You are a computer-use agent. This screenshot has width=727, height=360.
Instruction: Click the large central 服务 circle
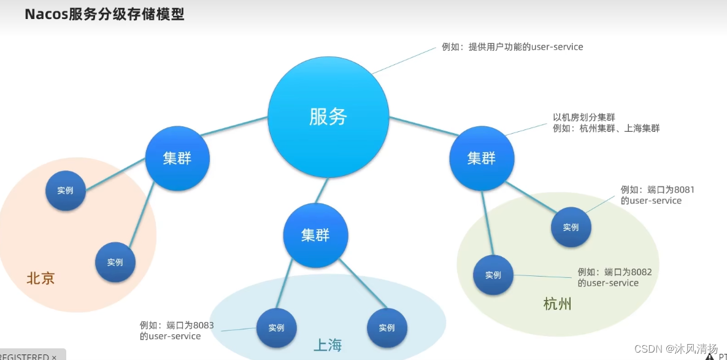pyautogui.click(x=328, y=117)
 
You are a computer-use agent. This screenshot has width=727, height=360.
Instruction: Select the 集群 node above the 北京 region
pyautogui.click(x=177, y=158)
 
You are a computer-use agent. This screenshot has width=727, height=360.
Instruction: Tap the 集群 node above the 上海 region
pyautogui.click(x=315, y=235)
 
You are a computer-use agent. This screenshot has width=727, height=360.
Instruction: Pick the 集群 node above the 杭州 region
pyautogui.click(x=481, y=158)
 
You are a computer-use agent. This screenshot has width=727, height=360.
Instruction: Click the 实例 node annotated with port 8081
pyautogui.click(x=571, y=227)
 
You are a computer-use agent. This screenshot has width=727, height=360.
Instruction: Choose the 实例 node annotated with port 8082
pyautogui.click(x=493, y=275)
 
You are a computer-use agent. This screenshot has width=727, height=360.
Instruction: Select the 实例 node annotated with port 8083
pyautogui.click(x=276, y=327)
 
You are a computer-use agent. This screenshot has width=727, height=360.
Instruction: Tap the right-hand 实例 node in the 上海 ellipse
pyautogui.click(x=387, y=327)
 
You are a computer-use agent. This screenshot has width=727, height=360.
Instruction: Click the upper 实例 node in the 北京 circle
pyautogui.click(x=65, y=191)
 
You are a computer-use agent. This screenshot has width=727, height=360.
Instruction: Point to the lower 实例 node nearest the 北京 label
pyautogui.click(x=115, y=262)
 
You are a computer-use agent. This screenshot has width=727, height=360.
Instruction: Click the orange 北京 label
pyautogui.click(x=40, y=278)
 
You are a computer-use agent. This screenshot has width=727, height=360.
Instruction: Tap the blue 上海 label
pyautogui.click(x=328, y=346)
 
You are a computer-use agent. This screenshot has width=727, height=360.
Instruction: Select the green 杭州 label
pyautogui.click(x=557, y=304)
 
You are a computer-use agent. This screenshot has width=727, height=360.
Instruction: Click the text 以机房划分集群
pyautogui.click(x=584, y=117)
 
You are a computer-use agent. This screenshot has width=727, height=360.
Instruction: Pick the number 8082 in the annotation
pyautogui.click(x=641, y=272)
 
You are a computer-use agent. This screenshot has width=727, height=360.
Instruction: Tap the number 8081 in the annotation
pyautogui.click(x=684, y=190)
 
